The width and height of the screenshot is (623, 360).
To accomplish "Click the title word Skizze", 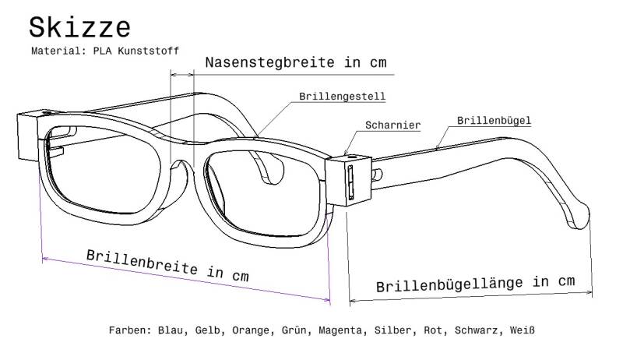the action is [x=79, y=27].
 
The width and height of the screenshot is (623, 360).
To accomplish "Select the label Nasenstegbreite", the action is [x=269, y=62].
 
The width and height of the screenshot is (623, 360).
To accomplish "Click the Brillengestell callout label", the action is [x=342, y=97].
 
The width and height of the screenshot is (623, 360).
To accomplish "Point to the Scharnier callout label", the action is [x=392, y=125].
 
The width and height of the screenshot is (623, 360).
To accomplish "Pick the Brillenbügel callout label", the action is [x=494, y=121].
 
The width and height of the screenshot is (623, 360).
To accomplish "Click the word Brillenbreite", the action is [x=142, y=261].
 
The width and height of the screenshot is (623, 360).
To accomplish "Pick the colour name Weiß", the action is [x=522, y=330].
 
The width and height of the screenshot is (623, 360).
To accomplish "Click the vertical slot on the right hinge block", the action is [x=350, y=182].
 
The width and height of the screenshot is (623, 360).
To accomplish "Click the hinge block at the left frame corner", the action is [x=29, y=135].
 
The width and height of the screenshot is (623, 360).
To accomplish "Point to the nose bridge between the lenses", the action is [x=182, y=159].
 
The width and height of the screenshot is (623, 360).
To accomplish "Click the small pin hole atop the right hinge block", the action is [x=350, y=157].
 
